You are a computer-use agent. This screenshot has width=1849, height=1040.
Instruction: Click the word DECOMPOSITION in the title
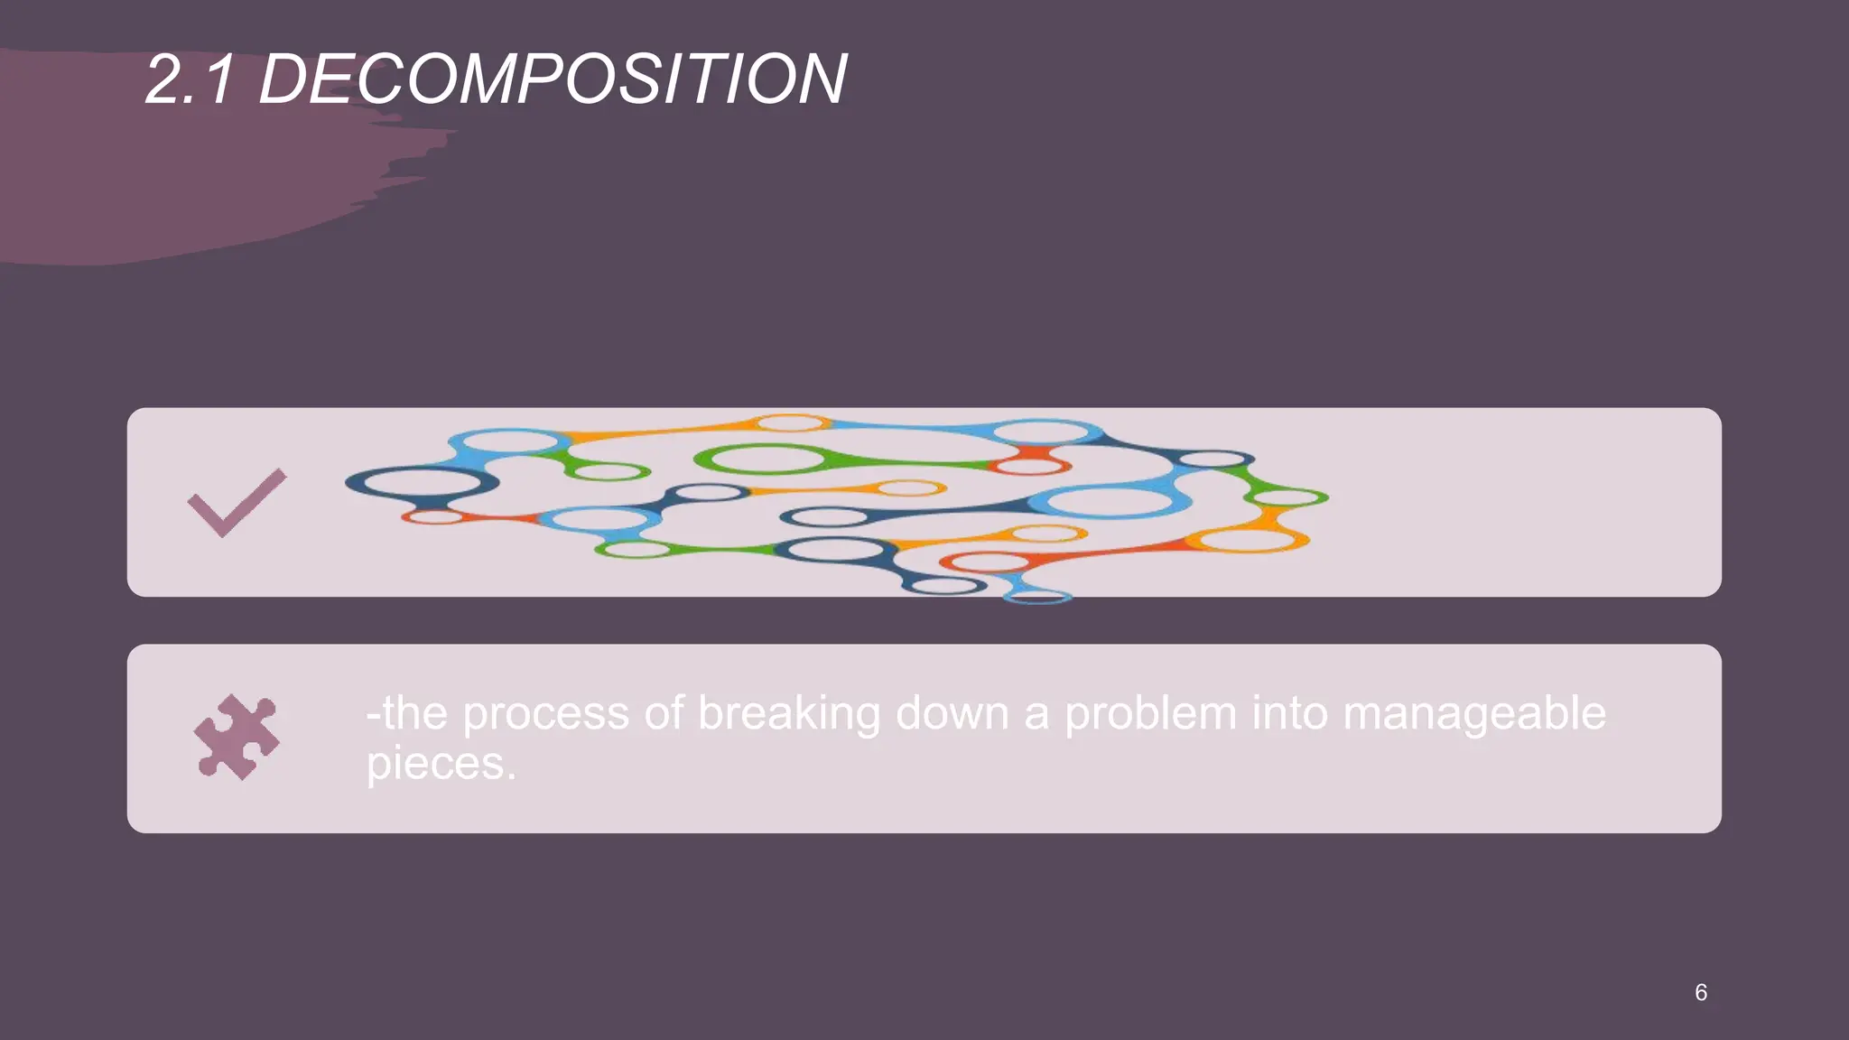pos(553,79)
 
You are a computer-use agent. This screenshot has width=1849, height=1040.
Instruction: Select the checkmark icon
pos(237,503)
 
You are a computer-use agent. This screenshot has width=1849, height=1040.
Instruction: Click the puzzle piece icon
pos(237,737)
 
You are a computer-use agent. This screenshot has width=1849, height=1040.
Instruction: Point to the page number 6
pos(1701,992)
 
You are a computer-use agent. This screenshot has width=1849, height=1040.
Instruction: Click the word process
pos(545,714)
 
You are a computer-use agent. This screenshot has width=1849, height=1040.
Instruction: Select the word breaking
pos(789,714)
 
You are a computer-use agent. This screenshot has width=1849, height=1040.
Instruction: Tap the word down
pos(952,713)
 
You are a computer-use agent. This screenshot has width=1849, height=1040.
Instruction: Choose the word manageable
pos(1473,714)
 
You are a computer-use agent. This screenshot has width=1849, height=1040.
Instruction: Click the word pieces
pos(434,765)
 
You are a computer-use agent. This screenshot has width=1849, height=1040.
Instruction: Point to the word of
pos(664,713)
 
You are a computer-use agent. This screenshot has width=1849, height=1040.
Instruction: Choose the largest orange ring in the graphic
pos(1246,540)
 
